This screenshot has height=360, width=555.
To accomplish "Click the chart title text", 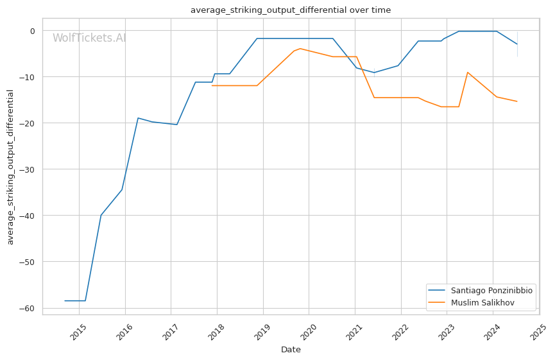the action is click(291, 10).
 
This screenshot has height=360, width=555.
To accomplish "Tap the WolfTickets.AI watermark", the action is click(89, 38).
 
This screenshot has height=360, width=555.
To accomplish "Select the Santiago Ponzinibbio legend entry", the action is click(481, 290).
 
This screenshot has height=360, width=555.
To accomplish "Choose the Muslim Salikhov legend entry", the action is click(471, 303).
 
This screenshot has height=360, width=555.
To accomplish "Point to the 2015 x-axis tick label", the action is click(78, 332).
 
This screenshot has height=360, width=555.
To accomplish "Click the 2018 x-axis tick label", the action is click(217, 332).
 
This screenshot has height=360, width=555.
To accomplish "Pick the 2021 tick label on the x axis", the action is click(355, 332).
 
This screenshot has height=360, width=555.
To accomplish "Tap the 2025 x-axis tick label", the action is click(539, 332).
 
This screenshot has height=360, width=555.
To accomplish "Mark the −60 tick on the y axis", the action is click(28, 308).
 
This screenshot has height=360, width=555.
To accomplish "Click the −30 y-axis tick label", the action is click(28, 169).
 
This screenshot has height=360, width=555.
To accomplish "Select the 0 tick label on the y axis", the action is click(33, 31).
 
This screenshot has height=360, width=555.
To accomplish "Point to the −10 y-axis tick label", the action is click(28, 77).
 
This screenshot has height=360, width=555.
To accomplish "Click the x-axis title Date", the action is click(291, 350).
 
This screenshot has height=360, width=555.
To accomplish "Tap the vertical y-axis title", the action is click(10, 167).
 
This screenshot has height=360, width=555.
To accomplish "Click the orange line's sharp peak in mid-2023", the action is click(468, 73).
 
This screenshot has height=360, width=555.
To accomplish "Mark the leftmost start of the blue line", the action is click(65, 301).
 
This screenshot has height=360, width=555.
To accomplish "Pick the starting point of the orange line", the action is click(212, 85).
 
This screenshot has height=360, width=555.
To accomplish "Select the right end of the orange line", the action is click(517, 101).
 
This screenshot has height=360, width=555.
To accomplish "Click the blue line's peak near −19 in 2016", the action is click(138, 118).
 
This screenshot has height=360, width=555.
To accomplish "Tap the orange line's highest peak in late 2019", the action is click(300, 49).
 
